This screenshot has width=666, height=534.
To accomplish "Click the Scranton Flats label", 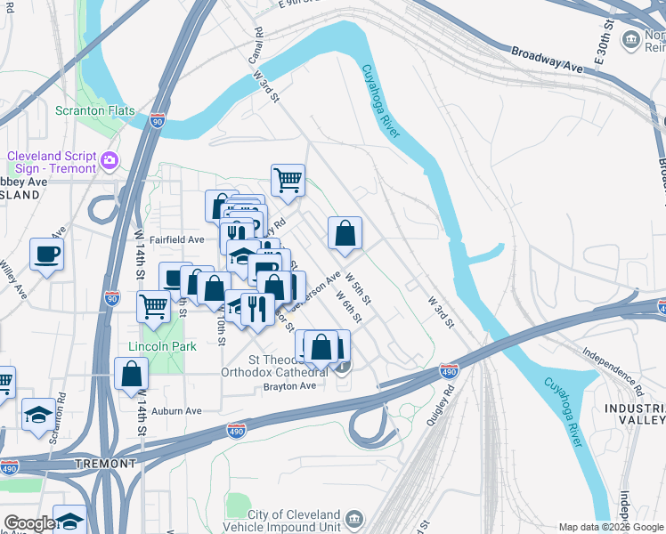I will click(95, 111).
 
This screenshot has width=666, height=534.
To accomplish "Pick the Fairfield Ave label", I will click(177, 239).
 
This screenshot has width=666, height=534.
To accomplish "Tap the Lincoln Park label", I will click(162, 345).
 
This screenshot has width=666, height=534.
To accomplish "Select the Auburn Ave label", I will click(176, 411).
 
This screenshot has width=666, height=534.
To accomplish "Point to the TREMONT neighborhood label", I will click(105, 464).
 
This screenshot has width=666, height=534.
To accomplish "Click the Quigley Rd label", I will click(443, 408).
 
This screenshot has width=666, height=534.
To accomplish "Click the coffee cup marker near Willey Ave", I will click(46, 254).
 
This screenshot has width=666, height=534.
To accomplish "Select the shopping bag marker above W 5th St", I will click(345, 234).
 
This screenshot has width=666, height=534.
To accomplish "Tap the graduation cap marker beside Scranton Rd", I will click(37, 416).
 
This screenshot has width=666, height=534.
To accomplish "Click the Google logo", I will click(29, 523).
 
